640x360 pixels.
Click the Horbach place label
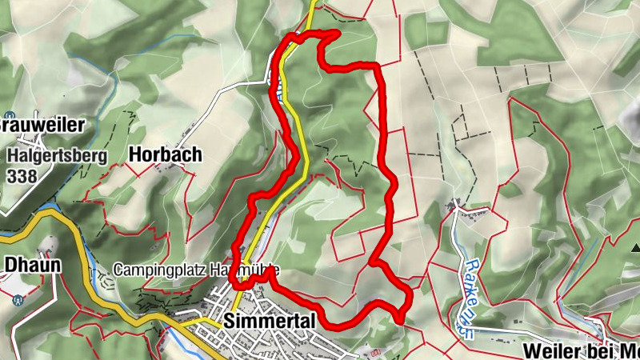[x=165, y=154]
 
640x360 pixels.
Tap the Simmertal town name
[x=271, y=320]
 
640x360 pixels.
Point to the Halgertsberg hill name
[x=58, y=155]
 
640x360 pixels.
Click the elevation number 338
[x=20, y=175]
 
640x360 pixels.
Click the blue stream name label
[x=470, y=294]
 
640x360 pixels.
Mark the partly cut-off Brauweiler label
[x=32, y=125]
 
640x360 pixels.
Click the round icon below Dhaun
[x=17, y=302]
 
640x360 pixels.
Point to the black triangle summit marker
[x=635, y=249]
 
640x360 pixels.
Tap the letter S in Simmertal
[x=231, y=320]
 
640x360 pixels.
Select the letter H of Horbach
[x=135, y=154]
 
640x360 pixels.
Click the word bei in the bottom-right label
[x=602, y=351]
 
